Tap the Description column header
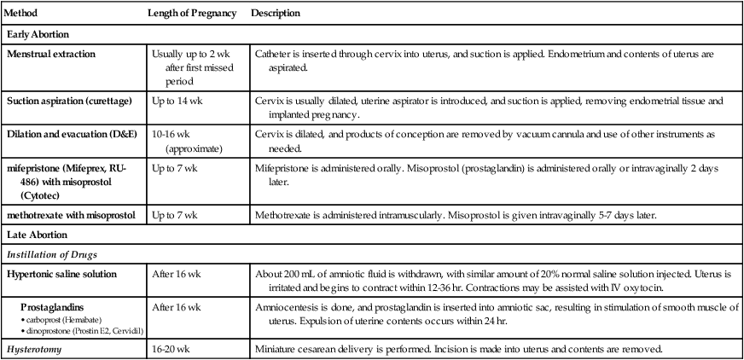coord(275,15)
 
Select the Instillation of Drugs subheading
coord(49,253)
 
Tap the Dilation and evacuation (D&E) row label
coord(66,135)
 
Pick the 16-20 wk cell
coord(171,349)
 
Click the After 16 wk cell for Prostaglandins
coord(176,306)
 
